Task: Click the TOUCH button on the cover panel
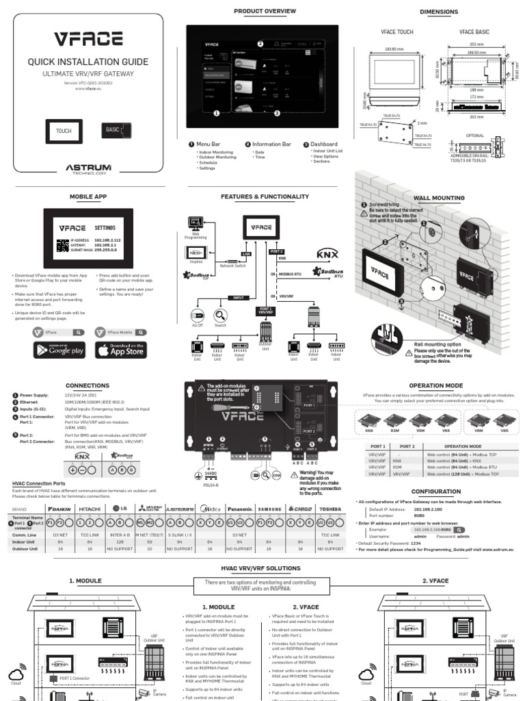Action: tap(64, 131)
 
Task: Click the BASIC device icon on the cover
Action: tap(116, 131)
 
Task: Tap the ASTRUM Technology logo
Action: tap(88, 168)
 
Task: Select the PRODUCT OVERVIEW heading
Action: tap(265, 12)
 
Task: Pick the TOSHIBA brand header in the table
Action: tap(330, 509)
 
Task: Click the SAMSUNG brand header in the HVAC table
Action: tap(269, 509)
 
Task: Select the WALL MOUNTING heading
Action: tap(438, 199)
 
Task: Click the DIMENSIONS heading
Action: tap(438, 12)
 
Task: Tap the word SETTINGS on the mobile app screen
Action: tap(105, 227)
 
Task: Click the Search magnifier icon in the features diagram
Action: tap(220, 316)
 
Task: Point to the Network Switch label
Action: tap(232, 264)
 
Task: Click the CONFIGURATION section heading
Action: tap(436, 492)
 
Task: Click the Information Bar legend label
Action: tap(271, 144)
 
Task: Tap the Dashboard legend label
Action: tap(323, 144)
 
